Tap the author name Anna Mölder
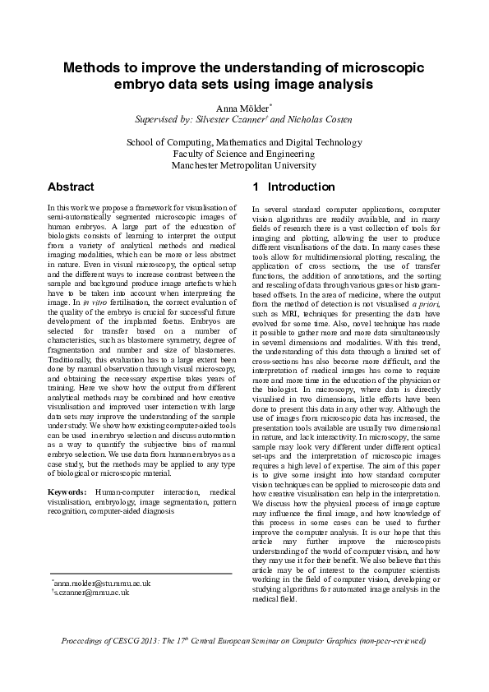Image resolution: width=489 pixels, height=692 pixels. tap(242, 107)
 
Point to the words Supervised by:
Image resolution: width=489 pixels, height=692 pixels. tap(162, 119)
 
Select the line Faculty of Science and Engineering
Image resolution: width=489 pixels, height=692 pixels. tap(244, 154)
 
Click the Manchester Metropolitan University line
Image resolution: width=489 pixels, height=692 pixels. tap(244, 165)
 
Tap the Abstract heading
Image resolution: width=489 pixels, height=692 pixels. tap(71, 187)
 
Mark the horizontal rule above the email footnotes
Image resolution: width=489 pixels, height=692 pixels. tap(140, 573)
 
